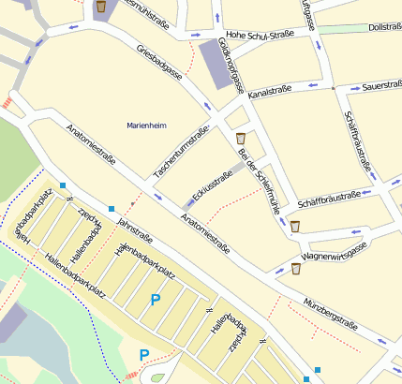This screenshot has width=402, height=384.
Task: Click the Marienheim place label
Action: (145, 124)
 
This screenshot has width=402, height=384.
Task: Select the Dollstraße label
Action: (385, 27)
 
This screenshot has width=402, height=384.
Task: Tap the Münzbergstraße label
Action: (329, 316)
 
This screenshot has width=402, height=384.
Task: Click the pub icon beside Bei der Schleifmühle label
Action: (241, 139)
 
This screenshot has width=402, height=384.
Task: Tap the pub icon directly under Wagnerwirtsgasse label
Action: (296, 269)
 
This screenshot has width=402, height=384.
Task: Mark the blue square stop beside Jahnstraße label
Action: (112, 208)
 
